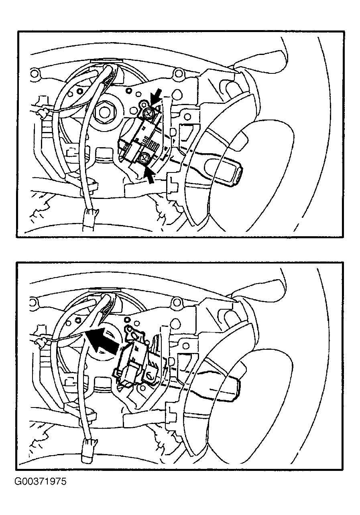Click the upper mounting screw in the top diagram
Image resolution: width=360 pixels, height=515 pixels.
click(x=147, y=112)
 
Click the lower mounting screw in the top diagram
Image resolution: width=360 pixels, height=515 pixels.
click(x=144, y=158)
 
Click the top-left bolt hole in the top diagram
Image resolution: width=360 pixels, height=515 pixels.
click(x=34, y=73)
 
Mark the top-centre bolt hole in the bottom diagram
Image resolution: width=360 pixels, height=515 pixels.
click(x=177, y=302)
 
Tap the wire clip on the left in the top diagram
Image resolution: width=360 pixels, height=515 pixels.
click(x=43, y=113)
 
